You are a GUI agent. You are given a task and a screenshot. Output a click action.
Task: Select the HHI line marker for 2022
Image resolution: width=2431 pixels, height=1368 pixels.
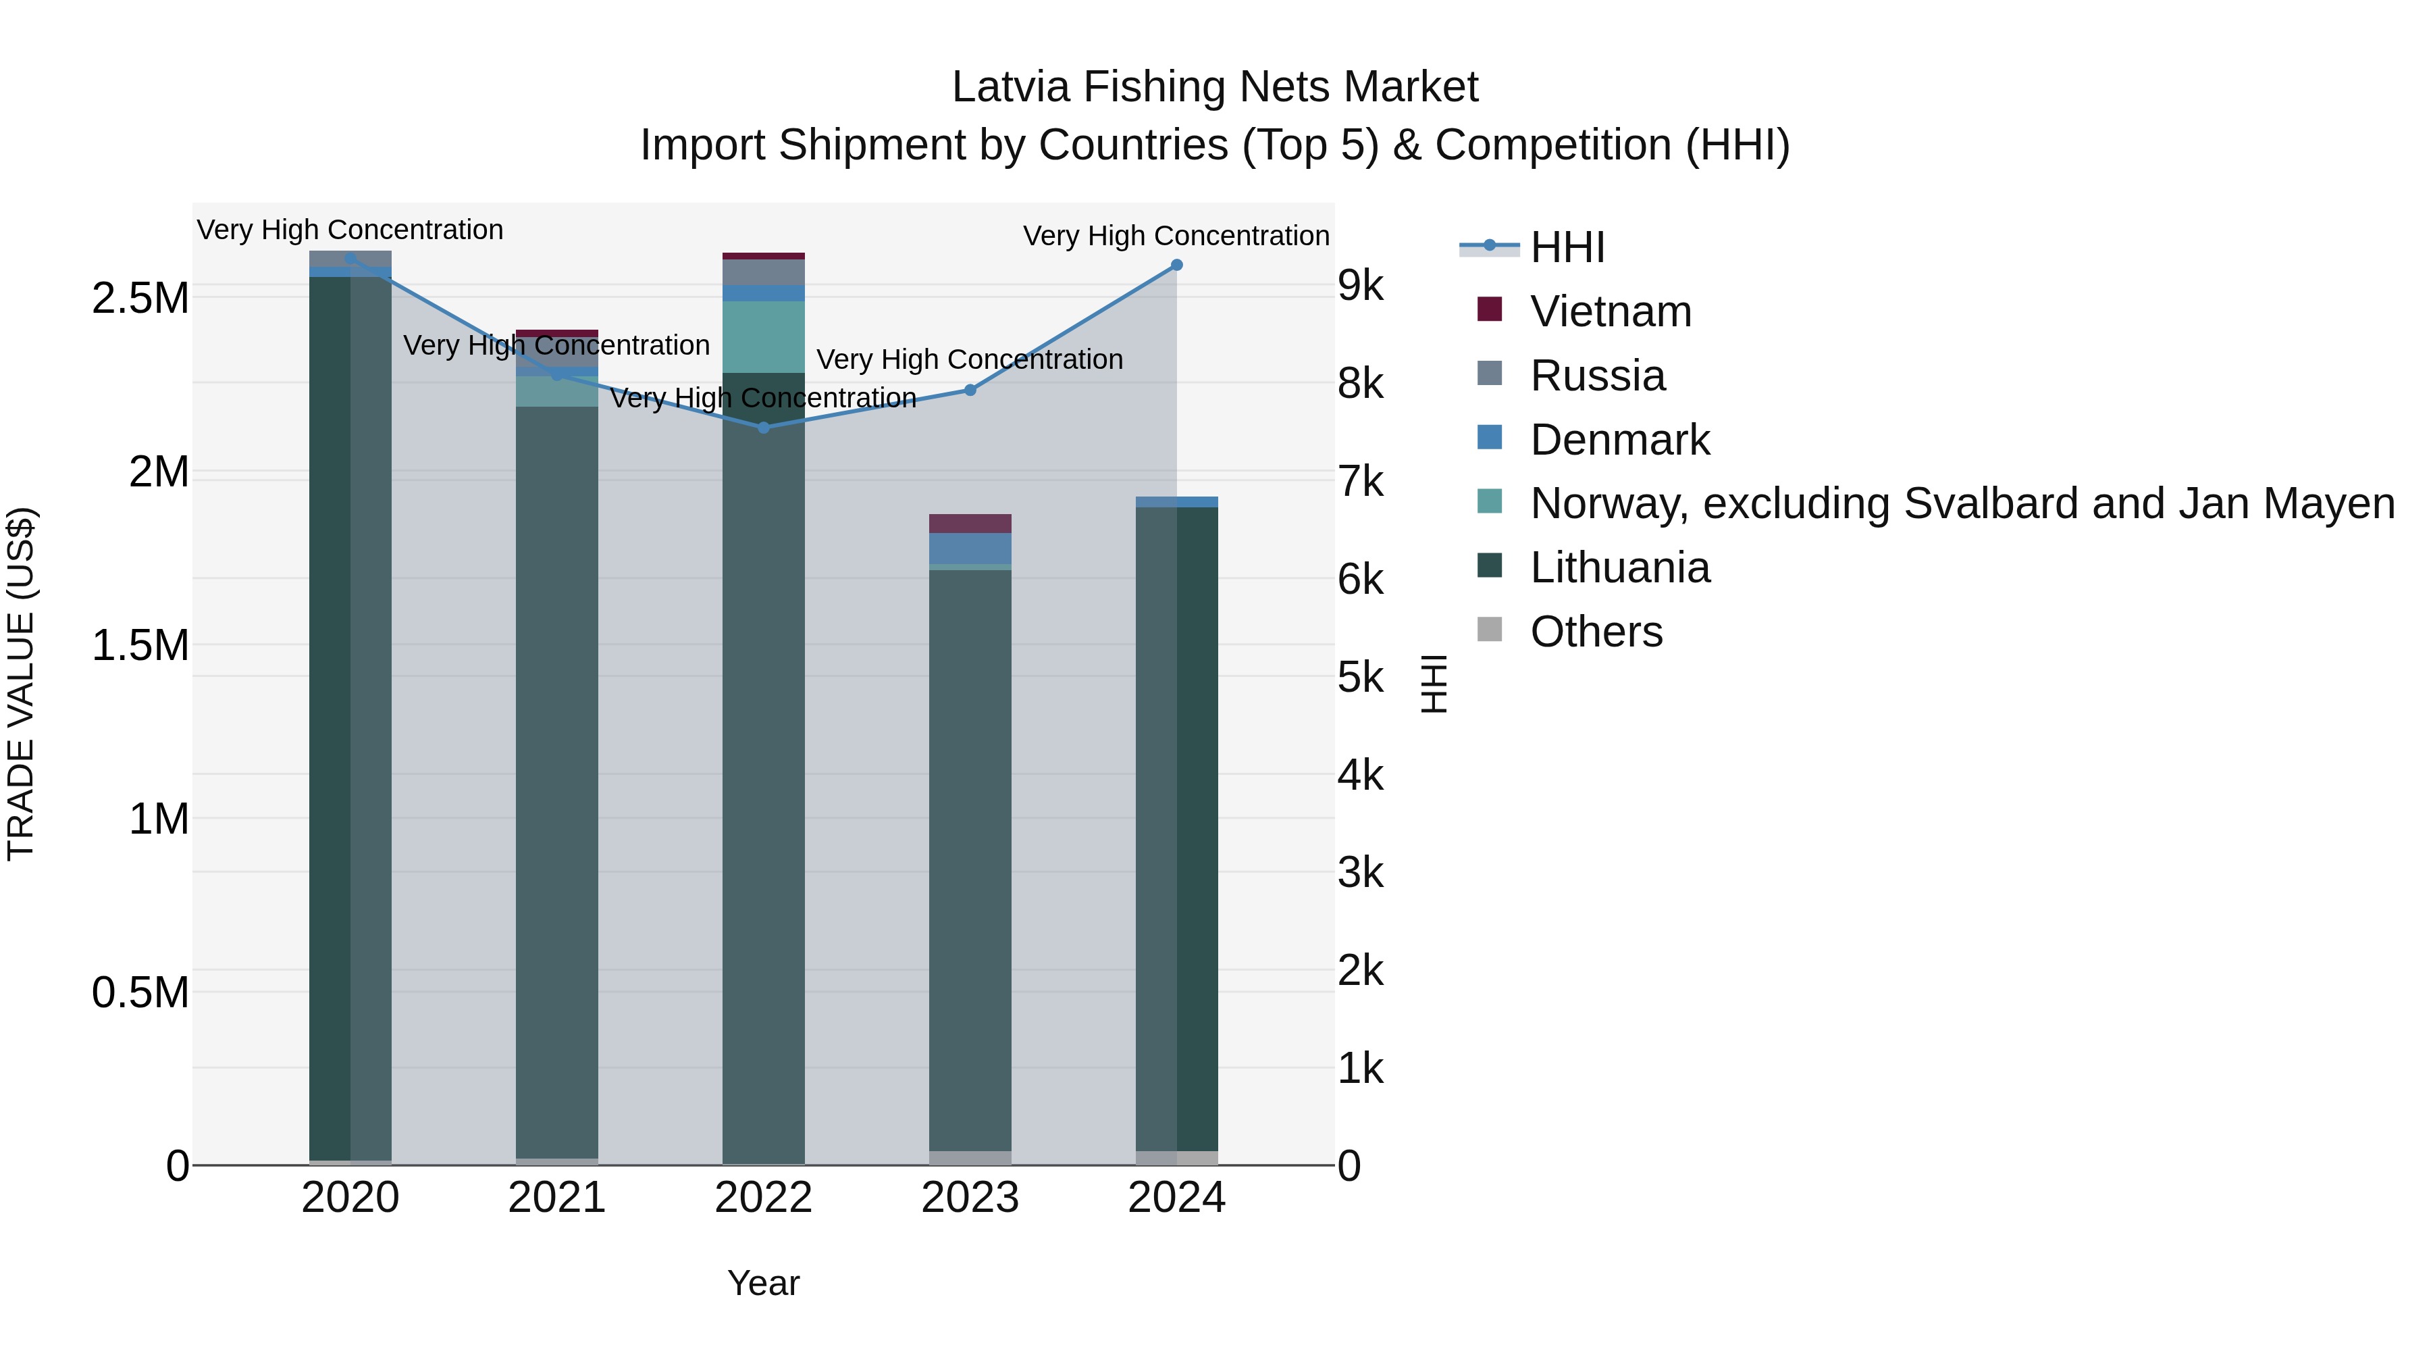pos(764,428)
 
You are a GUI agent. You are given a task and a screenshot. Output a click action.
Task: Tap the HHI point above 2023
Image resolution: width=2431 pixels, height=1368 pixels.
pos(970,390)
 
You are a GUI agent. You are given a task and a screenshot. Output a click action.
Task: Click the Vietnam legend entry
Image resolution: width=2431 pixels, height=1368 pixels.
pos(1610,311)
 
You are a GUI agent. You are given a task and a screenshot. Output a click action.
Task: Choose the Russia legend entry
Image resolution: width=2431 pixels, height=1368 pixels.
pos(1597,376)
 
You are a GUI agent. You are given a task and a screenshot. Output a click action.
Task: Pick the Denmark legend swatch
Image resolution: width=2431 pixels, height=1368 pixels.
pos(1489,438)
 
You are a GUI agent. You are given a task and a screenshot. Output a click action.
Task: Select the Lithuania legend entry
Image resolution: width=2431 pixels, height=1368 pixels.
pos(1619,567)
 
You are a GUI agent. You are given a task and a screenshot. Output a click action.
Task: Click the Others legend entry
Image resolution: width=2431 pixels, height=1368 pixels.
pos(1596,632)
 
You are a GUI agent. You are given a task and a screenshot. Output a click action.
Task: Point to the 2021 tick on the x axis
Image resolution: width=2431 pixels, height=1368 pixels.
pos(557,1198)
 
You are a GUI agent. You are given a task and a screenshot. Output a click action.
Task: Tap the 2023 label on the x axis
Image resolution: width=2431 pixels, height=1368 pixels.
pos(970,1198)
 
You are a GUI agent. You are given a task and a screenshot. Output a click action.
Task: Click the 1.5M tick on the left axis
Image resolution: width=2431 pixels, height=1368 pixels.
pos(140,646)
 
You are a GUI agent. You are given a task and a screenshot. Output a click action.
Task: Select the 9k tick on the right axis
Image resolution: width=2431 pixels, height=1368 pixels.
pos(1360,285)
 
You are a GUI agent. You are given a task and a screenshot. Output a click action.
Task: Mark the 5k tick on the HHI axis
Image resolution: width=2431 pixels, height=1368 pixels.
pos(1360,677)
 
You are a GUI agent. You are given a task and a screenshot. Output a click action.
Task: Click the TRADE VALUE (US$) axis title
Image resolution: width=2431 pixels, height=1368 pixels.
pos(21,684)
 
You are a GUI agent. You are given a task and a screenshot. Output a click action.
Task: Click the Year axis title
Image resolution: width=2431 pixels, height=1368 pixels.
pos(764,1283)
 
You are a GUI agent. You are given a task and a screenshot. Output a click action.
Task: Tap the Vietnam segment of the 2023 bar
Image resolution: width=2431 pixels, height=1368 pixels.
pos(970,524)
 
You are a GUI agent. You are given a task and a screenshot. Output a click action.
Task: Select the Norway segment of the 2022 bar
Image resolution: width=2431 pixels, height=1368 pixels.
pos(764,337)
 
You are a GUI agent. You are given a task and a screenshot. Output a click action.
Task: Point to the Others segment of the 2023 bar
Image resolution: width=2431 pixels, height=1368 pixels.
pos(970,1159)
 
